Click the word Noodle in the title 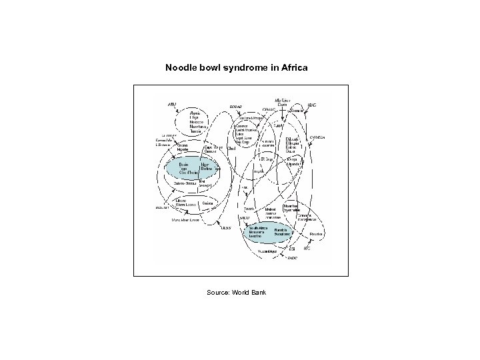[181, 69]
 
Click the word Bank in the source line [258, 293]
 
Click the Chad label [232, 149]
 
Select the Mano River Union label [185, 220]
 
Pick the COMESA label [317, 137]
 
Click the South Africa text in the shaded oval [258, 228]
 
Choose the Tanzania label [249, 209]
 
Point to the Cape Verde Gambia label [213, 149]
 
